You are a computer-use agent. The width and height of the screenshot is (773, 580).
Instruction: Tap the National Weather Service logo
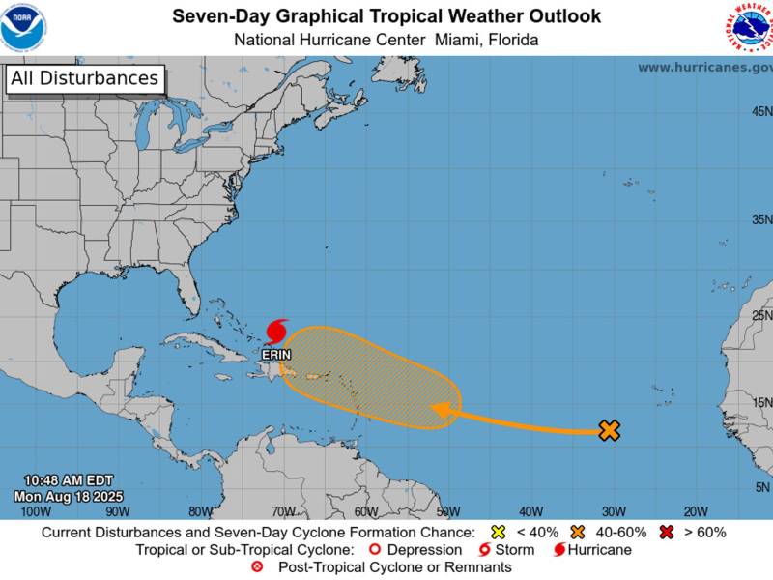(751, 27)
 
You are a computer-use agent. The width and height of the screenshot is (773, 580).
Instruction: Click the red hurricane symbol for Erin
(276, 331)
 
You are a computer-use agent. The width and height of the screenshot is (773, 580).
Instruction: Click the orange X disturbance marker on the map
(609, 430)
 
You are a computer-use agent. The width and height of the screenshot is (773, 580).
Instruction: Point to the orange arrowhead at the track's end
(443, 412)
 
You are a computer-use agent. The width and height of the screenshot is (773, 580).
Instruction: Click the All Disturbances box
(84, 79)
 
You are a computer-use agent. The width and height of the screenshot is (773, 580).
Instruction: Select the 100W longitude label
(35, 511)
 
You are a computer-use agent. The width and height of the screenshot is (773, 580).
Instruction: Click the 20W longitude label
(696, 511)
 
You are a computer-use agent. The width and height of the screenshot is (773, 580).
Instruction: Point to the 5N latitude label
(761, 487)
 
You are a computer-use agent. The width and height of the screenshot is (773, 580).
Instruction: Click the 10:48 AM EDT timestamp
(70, 480)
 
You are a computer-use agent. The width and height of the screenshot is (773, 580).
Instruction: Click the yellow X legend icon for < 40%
(499, 532)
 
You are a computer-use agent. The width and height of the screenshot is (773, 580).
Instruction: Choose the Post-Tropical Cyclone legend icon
(257, 567)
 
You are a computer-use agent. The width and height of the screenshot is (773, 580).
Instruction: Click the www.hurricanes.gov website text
(704, 67)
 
